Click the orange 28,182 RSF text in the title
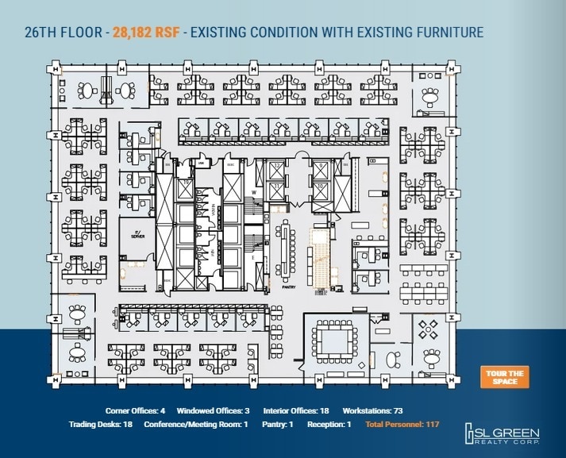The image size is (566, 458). [x=144, y=33]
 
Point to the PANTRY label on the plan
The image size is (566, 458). [x=289, y=288]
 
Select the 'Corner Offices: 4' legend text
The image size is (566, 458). [x=135, y=411]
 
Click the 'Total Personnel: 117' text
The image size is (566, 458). [x=402, y=425]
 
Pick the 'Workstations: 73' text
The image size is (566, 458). [x=373, y=411]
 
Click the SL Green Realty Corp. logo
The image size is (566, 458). [x=503, y=433]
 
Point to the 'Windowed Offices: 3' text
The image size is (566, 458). [x=214, y=411]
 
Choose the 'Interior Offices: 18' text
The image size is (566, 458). [x=295, y=411]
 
